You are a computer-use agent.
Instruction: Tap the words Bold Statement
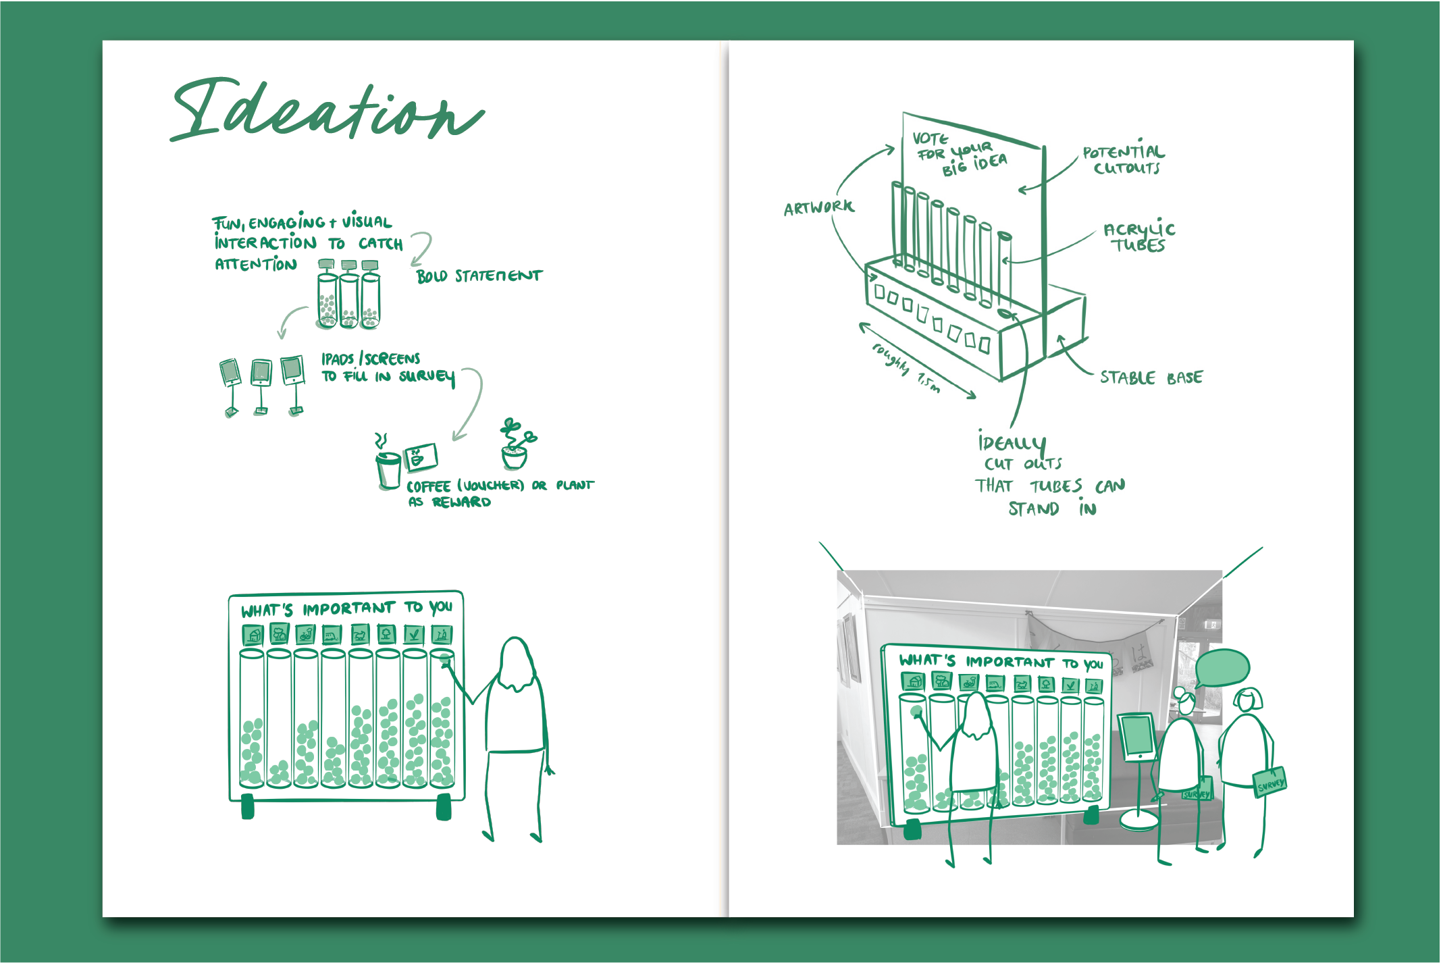tap(479, 276)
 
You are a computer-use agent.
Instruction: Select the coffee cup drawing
tap(388, 469)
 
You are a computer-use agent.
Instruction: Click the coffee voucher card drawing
tap(421, 458)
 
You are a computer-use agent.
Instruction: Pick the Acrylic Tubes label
tap(1139, 237)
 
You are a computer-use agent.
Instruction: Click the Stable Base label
tap(1151, 378)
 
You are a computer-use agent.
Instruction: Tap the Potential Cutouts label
tap(1124, 159)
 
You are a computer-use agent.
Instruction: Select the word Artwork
tap(818, 207)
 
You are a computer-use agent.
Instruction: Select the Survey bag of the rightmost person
tap(1270, 783)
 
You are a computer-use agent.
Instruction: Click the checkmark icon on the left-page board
tap(413, 634)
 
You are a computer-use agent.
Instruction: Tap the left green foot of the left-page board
tap(248, 806)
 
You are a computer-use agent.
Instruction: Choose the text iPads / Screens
tap(370, 358)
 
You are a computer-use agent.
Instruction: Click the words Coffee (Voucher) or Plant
tap(500, 485)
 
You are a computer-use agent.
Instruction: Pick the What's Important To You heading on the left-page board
tap(346, 608)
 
